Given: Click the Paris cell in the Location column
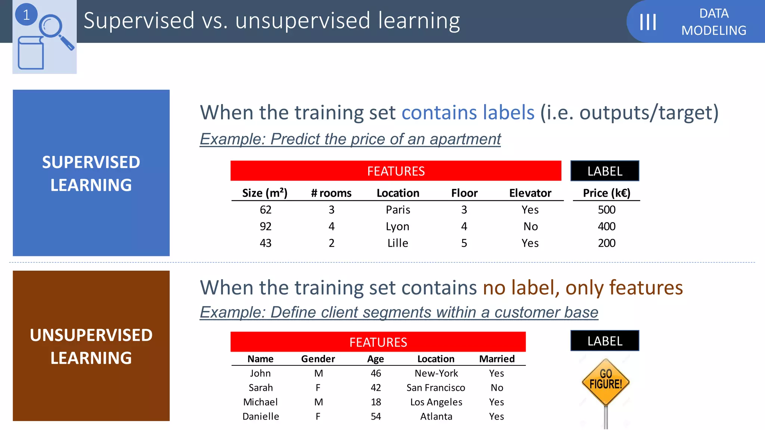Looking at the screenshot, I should pos(398,210).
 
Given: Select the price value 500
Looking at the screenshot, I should pos(606,210).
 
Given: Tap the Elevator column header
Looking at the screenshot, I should pos(530,193).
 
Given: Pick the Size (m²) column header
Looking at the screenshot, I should pos(265,193).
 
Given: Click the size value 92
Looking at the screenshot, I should pos(265,227).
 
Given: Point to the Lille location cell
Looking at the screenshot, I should pos(398,243).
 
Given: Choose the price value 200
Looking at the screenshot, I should pos(606,243).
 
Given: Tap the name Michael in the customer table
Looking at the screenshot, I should pos(260,402).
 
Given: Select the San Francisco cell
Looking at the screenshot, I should pos(436,388).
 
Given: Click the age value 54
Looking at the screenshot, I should pos(376,417).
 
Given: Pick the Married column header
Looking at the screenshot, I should pos(497,359).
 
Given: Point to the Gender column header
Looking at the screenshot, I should pos(318,359).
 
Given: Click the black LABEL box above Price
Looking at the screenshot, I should pos(605,171).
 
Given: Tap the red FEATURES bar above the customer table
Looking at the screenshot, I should pos(378,342).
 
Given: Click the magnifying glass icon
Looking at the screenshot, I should pos(55,30).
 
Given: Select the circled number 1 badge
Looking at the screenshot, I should pos(26,15).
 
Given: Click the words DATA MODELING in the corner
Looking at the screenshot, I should pos(713,22).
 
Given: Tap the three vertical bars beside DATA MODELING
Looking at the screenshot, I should pos(648,22).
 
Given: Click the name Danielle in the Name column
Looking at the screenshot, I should pos(260,417).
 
